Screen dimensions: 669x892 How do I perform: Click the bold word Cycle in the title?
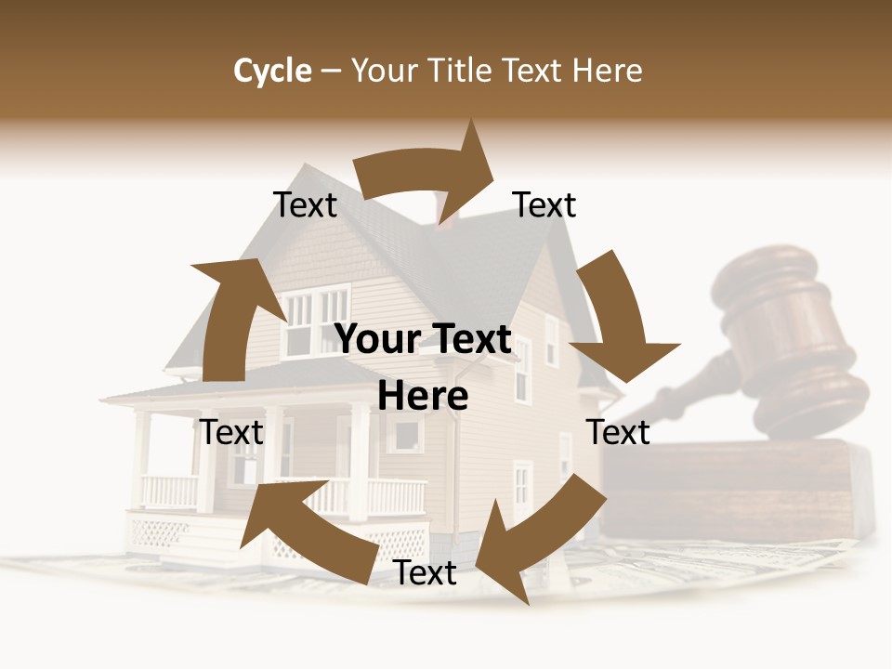pos(272,71)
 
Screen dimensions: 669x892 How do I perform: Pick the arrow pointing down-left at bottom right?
pos(539,534)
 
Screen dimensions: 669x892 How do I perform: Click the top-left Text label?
pos(305,205)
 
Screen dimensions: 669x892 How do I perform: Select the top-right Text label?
pos(544,205)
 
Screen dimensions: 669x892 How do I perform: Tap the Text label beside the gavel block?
pos(618,432)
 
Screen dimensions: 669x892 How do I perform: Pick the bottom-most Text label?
pos(425,573)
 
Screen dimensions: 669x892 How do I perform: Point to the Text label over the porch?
pos(231,432)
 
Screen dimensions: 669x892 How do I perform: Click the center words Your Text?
pos(424,340)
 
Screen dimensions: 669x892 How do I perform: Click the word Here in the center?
pos(423,397)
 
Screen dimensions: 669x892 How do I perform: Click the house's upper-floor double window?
pos(316,321)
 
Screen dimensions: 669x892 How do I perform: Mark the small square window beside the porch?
pos(405,434)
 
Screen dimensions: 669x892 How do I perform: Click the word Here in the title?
pos(608,71)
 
